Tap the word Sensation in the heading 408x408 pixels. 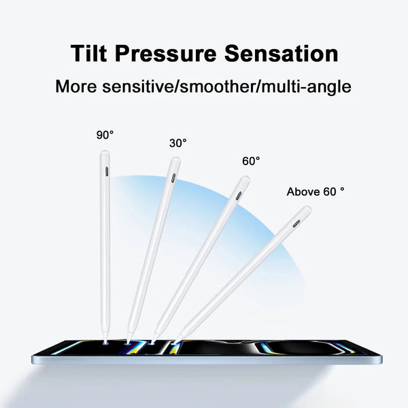pyautogui.click(x=286, y=54)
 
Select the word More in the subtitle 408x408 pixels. pyautogui.click(x=78, y=87)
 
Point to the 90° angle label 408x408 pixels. pyautogui.click(x=105, y=135)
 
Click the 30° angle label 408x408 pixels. pyautogui.click(x=178, y=143)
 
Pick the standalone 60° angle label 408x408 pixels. pyautogui.click(x=251, y=162)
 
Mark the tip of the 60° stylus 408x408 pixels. pyautogui.click(x=154, y=341)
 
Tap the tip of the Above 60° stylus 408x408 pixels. pyautogui.click(x=177, y=339)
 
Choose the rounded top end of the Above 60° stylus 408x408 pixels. pyautogui.click(x=307, y=210)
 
